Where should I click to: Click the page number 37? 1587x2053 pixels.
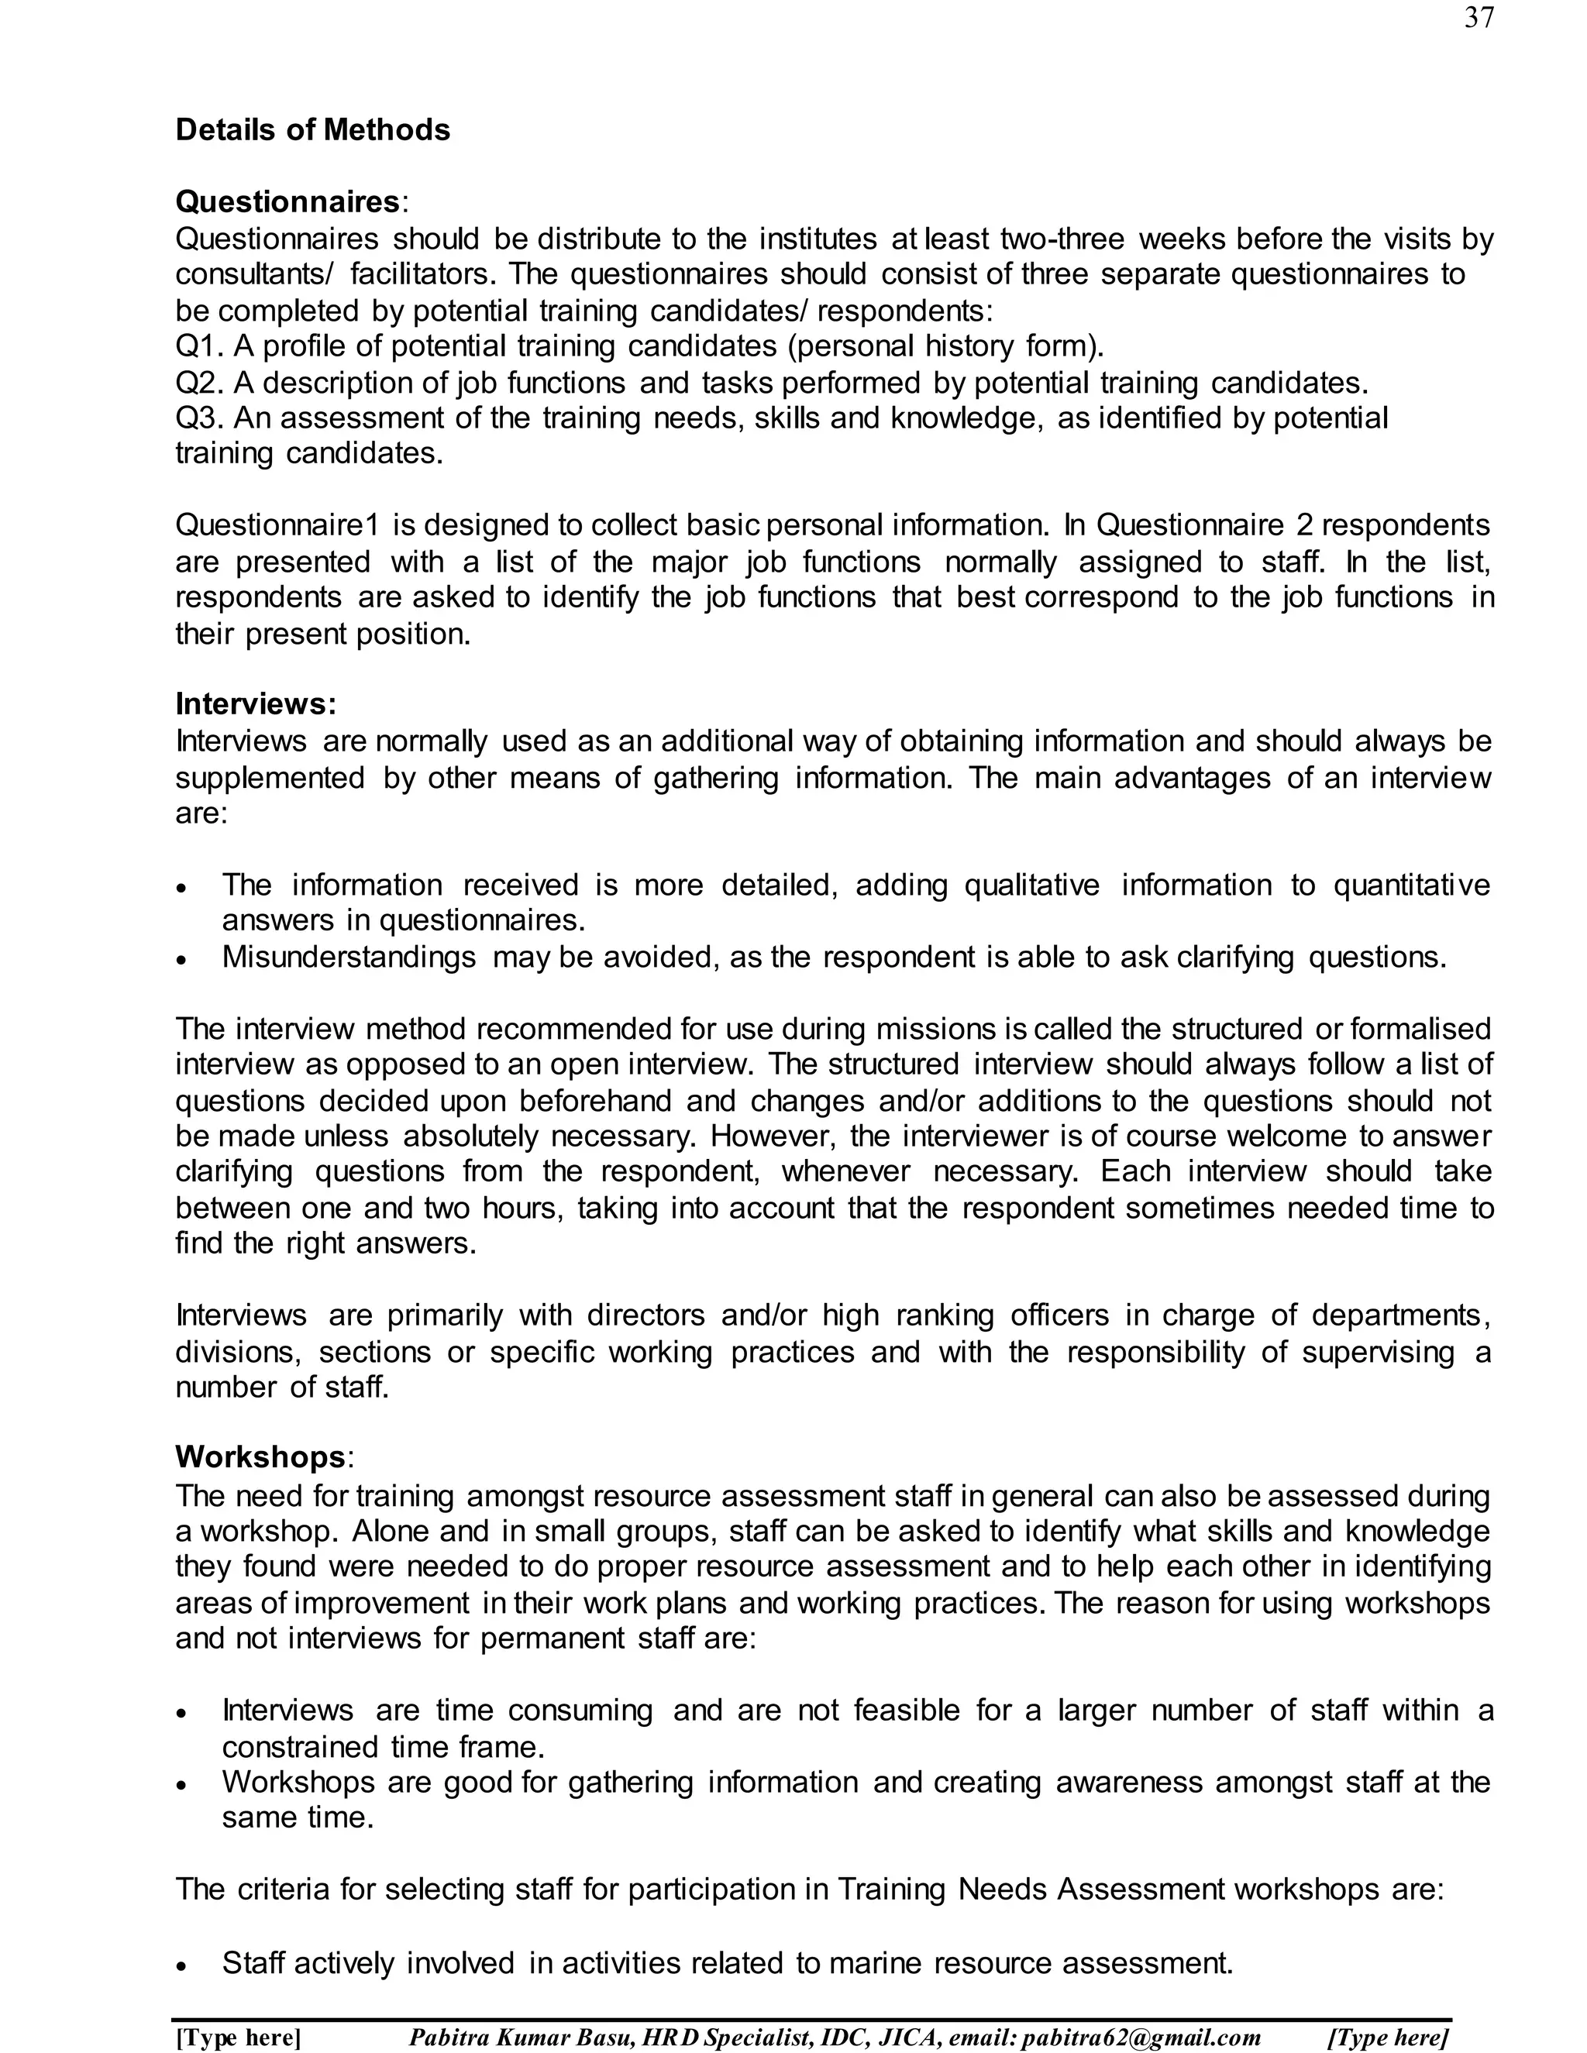point(1479,18)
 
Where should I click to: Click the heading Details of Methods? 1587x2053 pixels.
point(312,129)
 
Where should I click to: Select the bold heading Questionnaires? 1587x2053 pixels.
point(287,201)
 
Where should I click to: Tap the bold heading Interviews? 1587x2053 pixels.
point(256,704)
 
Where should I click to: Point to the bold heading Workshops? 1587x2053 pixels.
point(260,1457)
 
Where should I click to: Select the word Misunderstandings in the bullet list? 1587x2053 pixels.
point(349,957)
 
